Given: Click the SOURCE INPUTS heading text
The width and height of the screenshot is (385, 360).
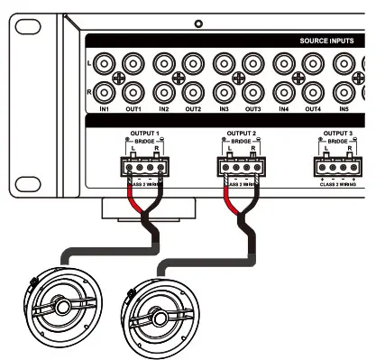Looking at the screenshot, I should click(326, 42).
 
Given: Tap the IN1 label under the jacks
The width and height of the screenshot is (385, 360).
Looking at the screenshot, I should click(105, 108).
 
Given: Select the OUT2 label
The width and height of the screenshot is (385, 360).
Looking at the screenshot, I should click(193, 108).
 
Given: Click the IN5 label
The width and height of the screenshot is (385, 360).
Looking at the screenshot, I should click(344, 108).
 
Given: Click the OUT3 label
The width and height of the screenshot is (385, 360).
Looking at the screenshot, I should click(253, 108).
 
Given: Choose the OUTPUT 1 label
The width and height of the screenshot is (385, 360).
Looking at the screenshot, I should click(144, 133).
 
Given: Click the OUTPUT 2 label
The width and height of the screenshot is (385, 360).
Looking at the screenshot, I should click(241, 133).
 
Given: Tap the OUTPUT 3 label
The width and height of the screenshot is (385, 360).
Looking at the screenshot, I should click(340, 133).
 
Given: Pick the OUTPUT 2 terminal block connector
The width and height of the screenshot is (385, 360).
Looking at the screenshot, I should click(242, 165).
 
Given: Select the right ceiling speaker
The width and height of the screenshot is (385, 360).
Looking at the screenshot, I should click(158, 318).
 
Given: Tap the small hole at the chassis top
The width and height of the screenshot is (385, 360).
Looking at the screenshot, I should click(198, 23).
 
